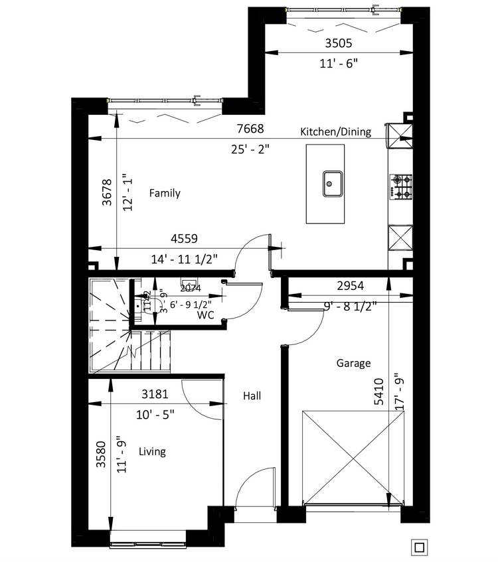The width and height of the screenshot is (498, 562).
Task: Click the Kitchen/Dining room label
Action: tap(335, 131)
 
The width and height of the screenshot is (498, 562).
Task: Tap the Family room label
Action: tap(165, 193)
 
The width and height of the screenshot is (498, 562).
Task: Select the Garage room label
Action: tap(353, 363)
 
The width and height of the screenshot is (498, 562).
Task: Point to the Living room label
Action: tap(152, 451)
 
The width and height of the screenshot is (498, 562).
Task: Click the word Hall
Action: tap(252, 396)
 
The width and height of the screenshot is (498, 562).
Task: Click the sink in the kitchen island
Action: tap(333, 184)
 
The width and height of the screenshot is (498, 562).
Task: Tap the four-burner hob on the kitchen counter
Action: tap(401, 186)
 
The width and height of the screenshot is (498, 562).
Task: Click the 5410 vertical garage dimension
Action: tap(378, 391)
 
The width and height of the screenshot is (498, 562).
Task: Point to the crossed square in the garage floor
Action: tap(344, 457)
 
